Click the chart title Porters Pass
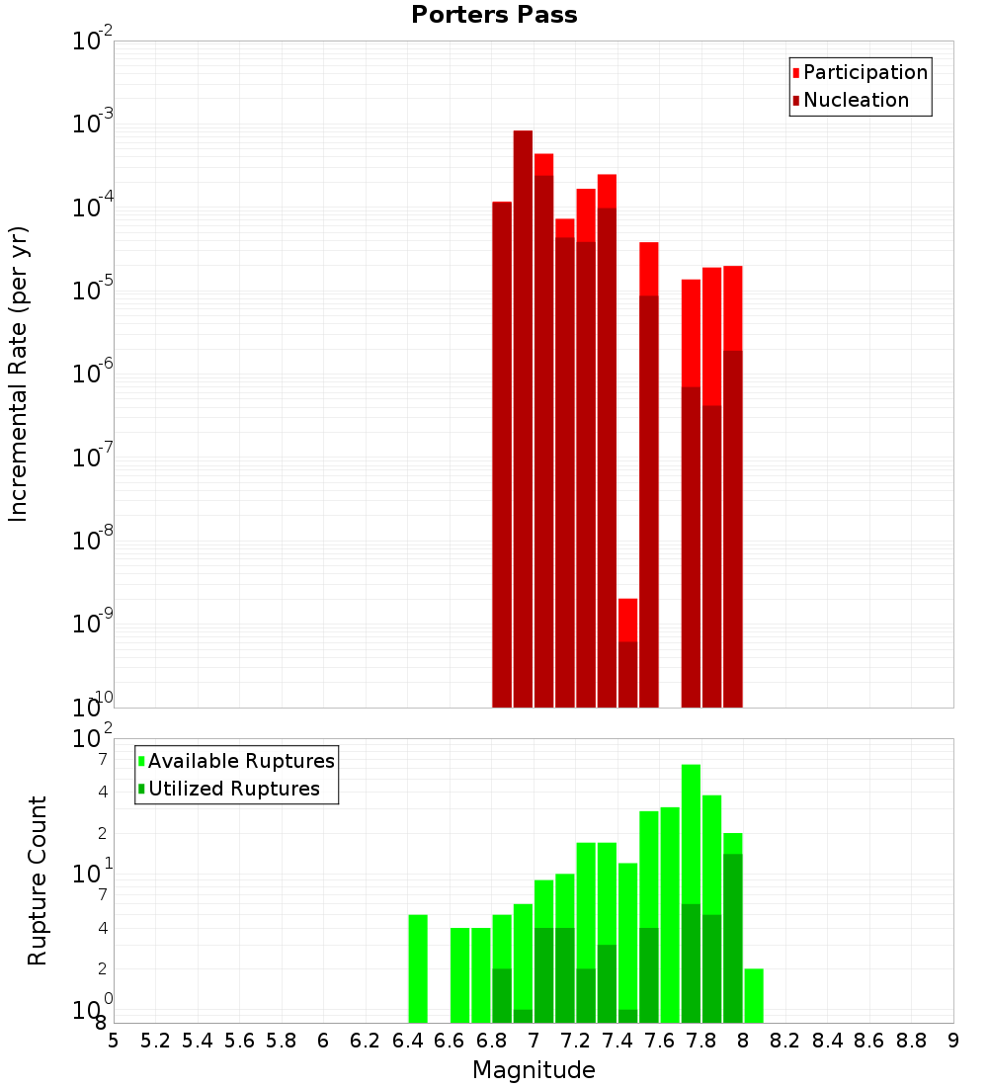pyautogui.click(x=494, y=15)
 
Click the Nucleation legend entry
pyautogui.click(x=856, y=100)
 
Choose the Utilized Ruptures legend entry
pyautogui.click(x=233, y=789)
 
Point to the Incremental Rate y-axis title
pyautogui.click(x=19, y=374)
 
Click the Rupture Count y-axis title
pyautogui.click(x=38, y=880)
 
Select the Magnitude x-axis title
pyautogui.click(x=534, y=1070)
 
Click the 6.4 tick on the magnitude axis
pyautogui.click(x=407, y=1041)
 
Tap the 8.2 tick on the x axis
pyautogui.click(x=785, y=1041)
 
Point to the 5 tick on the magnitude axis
pyautogui.click(x=114, y=1041)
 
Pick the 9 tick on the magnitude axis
pyautogui.click(x=953, y=1041)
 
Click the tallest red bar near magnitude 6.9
pyautogui.click(x=523, y=415)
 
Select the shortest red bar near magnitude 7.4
pyautogui.click(x=627, y=652)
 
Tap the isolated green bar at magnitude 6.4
pyautogui.click(x=418, y=968)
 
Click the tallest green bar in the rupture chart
pyautogui.click(x=691, y=889)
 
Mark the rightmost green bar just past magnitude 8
pyautogui.click(x=754, y=995)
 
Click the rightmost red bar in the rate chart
pyautogui.click(x=732, y=484)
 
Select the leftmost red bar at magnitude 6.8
pyautogui.click(x=502, y=455)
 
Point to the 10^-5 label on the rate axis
pyautogui.click(x=92, y=290)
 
